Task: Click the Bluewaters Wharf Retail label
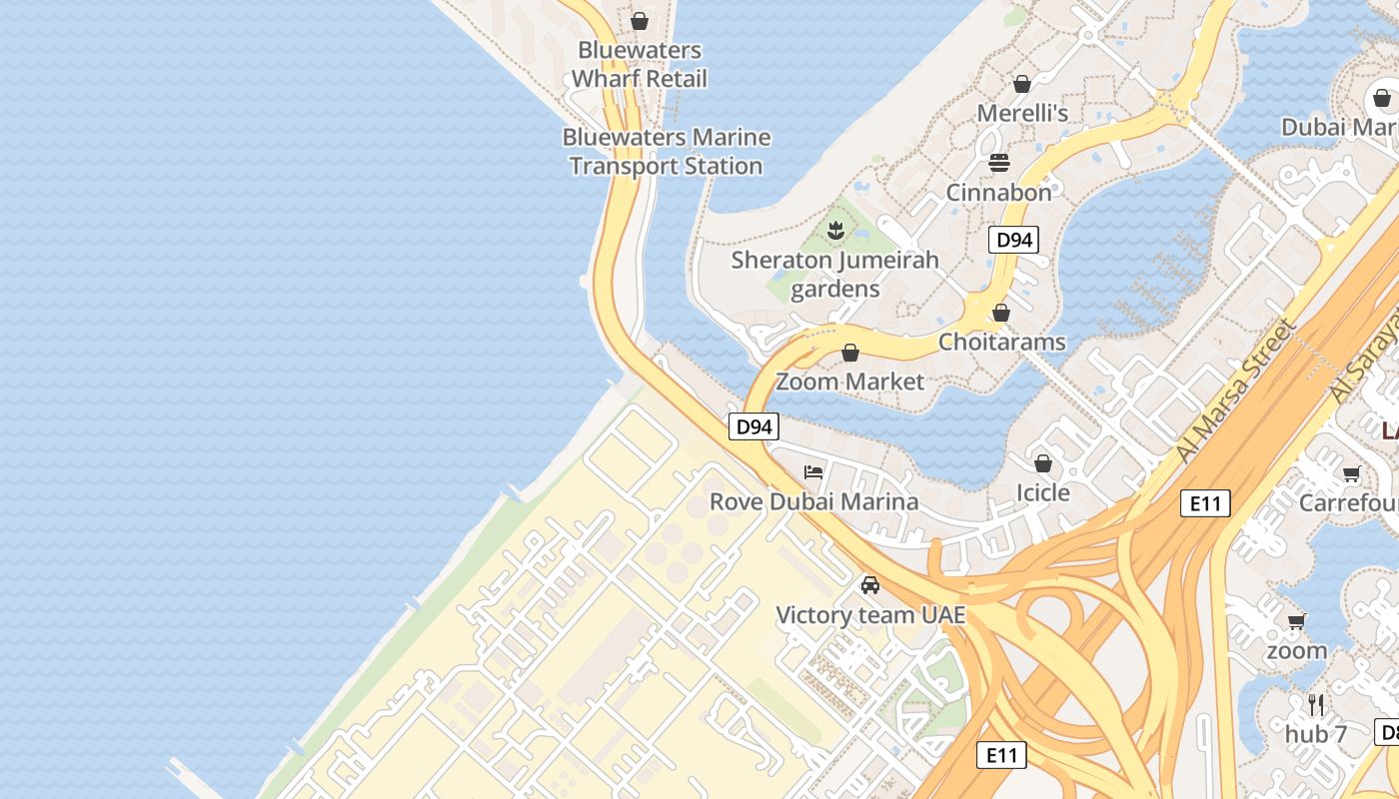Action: pyautogui.click(x=640, y=64)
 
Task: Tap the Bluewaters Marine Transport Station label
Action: pyautogui.click(x=667, y=152)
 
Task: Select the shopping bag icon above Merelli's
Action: pyautogui.click(x=1021, y=84)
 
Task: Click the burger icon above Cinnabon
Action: pyautogui.click(x=999, y=162)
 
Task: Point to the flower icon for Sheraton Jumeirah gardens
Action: pyautogui.click(x=835, y=232)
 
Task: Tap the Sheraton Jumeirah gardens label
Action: pyautogui.click(x=835, y=275)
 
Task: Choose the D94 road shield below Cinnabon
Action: pyautogui.click(x=1013, y=240)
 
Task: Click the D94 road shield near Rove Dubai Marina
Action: pyautogui.click(x=752, y=426)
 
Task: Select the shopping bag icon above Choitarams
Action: pyautogui.click(x=1001, y=313)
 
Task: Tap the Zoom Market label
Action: pyautogui.click(x=850, y=382)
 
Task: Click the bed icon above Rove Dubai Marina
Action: pyautogui.click(x=813, y=471)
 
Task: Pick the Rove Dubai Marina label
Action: pyautogui.click(x=813, y=501)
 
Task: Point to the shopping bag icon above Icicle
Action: pyautogui.click(x=1043, y=463)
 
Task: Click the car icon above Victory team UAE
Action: pyautogui.click(x=870, y=585)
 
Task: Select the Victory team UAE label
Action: pyautogui.click(x=871, y=615)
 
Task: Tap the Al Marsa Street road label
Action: pyautogui.click(x=1235, y=391)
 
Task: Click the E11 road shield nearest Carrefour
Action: pyautogui.click(x=1204, y=503)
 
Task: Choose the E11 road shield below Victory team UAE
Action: pyautogui.click(x=1001, y=755)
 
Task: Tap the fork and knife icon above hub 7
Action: pyautogui.click(x=1316, y=705)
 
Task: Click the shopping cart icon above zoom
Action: pyautogui.click(x=1296, y=622)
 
